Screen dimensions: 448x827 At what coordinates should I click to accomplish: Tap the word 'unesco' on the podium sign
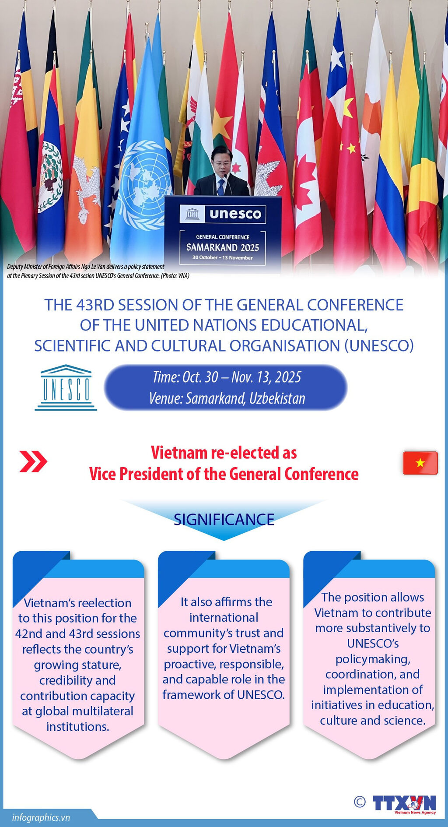coord(235,214)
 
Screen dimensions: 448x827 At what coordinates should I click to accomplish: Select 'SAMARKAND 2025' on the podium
coord(223,247)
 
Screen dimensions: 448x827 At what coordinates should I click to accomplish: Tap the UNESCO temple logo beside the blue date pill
coord(66,387)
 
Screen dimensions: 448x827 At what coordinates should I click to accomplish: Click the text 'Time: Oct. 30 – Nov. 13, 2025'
coord(227,377)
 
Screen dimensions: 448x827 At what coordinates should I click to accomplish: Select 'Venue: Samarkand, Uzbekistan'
coord(227,398)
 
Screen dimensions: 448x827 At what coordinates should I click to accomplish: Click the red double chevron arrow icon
coord(33,461)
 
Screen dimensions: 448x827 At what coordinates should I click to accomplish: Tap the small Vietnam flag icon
coord(420,463)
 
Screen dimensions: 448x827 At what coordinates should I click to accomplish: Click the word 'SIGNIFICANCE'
coord(224,520)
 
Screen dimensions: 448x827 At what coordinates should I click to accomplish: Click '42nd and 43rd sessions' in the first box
coord(78,633)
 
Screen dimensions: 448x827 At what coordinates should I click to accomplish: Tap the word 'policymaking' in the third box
coord(373,659)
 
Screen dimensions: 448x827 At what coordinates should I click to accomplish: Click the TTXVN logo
coord(404,804)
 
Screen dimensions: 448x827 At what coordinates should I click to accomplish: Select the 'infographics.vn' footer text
coord(41,817)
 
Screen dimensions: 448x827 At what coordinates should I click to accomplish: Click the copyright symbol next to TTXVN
coord(360,802)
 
